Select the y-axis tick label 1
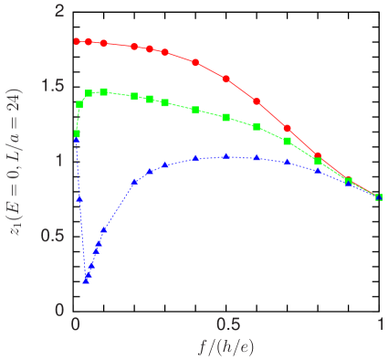click(x=60, y=160)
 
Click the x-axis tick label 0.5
click(x=227, y=326)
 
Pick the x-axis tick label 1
click(x=380, y=326)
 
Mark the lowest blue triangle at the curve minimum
click(x=86, y=281)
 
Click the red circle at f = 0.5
click(x=226, y=79)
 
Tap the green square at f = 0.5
click(x=226, y=117)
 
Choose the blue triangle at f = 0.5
click(x=226, y=156)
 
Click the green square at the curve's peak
click(x=104, y=91)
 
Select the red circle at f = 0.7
click(x=288, y=129)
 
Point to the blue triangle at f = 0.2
click(x=135, y=182)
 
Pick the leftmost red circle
click(x=77, y=42)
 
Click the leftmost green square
click(x=77, y=134)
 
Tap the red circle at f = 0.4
click(x=195, y=62)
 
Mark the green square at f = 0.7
click(x=288, y=141)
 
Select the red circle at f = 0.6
click(x=257, y=101)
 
